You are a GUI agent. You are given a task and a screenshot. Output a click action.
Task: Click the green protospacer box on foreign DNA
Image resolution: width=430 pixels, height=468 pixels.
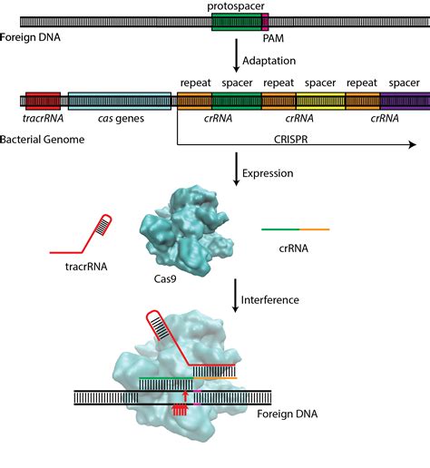[235, 20]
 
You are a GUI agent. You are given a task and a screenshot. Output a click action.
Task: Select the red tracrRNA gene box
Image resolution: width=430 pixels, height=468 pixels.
[43, 101]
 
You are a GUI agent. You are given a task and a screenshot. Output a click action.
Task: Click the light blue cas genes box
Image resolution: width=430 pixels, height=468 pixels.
[119, 101]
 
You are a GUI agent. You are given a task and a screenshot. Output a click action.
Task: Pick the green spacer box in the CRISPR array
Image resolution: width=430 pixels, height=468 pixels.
[238, 101]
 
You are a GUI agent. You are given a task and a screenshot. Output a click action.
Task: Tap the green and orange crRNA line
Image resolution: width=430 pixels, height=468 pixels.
[296, 230]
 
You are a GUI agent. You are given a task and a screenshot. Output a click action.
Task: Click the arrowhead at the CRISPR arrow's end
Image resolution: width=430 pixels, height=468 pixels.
[412, 144]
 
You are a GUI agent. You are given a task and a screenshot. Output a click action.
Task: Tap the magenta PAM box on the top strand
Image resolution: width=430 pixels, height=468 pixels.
[265, 20]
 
